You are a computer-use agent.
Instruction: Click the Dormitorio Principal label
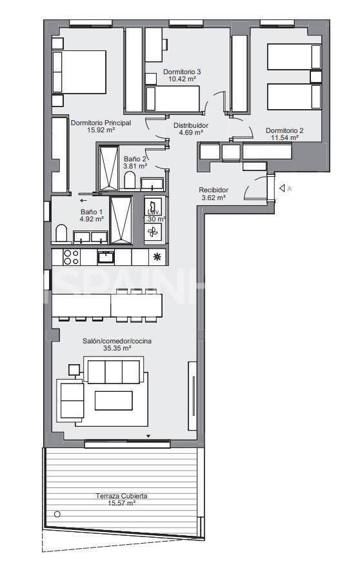pyautogui.click(x=101, y=122)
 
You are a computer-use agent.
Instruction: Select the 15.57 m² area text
pyautogui.click(x=121, y=503)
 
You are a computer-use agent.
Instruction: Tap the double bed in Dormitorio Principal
pyautogui.click(x=79, y=72)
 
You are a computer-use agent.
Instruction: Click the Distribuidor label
pyautogui.click(x=191, y=125)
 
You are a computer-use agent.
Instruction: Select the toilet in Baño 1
pyautogui.click(x=62, y=233)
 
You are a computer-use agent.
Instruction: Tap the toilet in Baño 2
pyautogui.click(x=130, y=180)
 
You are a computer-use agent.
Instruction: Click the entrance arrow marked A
pyautogui.click(x=285, y=189)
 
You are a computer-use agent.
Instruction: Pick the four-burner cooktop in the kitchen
pyautogui.click(x=70, y=257)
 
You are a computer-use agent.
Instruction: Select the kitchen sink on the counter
pyautogui.click(x=106, y=257)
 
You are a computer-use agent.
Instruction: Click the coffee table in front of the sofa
pyautogui.click(x=113, y=400)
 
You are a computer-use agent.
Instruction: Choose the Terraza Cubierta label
pyautogui.click(x=121, y=495)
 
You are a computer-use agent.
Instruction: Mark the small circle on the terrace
pyautogui.click(x=57, y=515)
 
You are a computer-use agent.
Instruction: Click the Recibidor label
pyautogui.click(x=213, y=190)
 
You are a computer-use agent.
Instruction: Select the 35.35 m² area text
pyautogui.click(x=117, y=348)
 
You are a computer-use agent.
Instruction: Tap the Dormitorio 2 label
pyautogui.click(x=285, y=130)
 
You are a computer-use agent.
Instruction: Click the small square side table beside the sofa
pyautogui.click(x=74, y=370)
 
